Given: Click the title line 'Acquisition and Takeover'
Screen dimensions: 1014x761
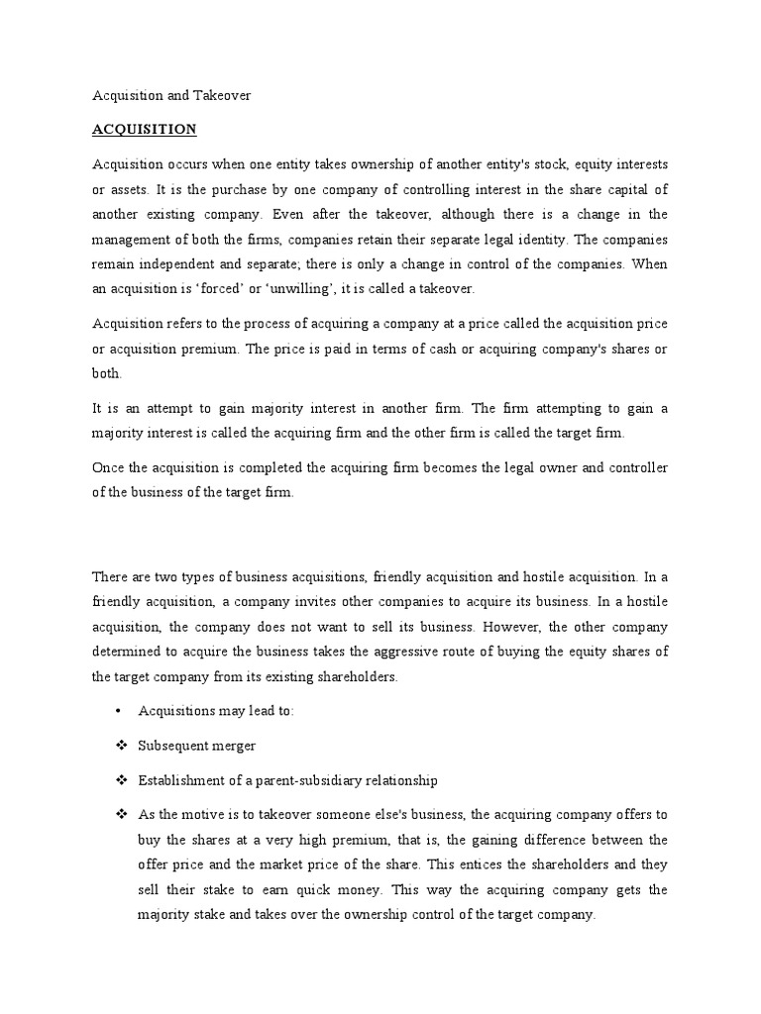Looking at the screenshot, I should [171, 95].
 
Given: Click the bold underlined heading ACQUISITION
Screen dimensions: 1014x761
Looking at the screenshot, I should [144, 130].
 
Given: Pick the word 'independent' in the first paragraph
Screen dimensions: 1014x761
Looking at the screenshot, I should [172, 263].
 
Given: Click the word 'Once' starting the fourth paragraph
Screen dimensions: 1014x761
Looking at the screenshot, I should [108, 467].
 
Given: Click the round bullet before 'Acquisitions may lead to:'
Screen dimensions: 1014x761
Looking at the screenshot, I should [118, 711].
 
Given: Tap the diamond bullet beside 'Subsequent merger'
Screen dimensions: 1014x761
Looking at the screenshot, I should [120, 745].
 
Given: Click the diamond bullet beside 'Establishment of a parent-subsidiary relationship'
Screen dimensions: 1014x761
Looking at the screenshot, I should [120, 779].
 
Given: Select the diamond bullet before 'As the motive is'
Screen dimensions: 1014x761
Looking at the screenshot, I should [120, 814].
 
